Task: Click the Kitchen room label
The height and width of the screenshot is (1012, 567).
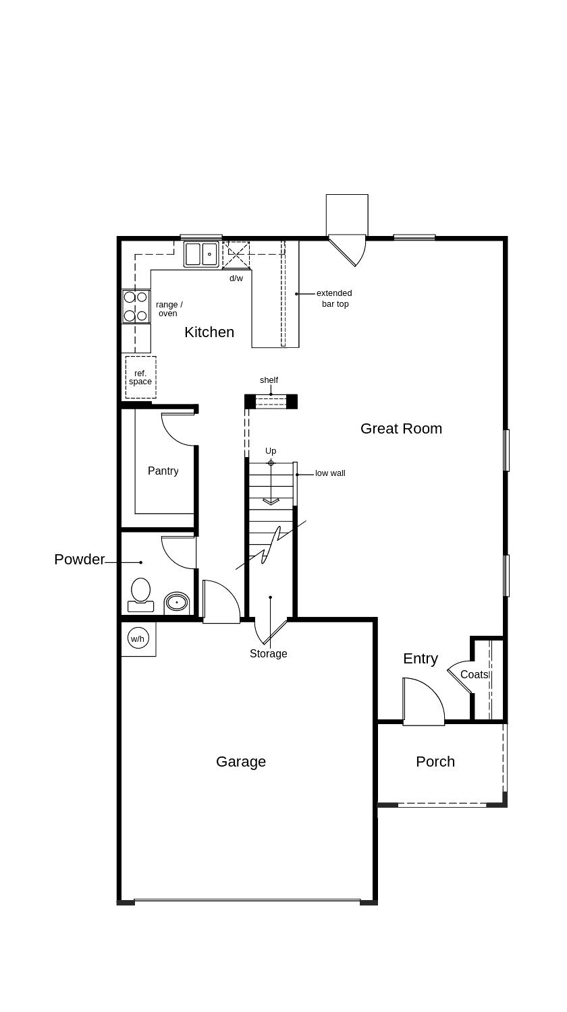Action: point(209,332)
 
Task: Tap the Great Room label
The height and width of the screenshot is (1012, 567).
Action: point(401,428)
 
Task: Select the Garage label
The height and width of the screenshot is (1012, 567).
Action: point(241,761)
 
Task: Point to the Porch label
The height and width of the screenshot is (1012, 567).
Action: point(435,761)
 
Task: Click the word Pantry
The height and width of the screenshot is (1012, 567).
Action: point(163,471)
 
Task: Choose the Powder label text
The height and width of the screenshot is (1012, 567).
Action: point(80,559)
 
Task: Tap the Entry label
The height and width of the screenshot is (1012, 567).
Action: point(421,658)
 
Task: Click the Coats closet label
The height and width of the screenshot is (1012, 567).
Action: point(475,674)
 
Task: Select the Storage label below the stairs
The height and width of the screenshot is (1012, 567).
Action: point(269,653)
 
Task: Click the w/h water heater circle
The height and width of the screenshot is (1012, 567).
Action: point(138,638)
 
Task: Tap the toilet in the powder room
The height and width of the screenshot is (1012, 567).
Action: point(140,593)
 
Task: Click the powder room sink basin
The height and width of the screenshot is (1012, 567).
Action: point(177,601)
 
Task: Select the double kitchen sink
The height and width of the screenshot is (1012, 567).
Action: point(201,254)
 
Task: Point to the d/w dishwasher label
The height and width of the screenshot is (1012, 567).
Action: point(236,278)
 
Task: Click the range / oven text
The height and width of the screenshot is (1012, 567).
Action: point(169,309)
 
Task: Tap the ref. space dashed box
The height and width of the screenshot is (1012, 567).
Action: point(140,378)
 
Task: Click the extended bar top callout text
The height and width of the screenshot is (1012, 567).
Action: point(334,298)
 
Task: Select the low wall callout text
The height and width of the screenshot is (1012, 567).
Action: point(330,473)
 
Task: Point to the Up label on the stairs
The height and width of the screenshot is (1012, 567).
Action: point(271,450)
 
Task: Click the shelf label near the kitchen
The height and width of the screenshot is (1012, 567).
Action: point(269,380)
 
